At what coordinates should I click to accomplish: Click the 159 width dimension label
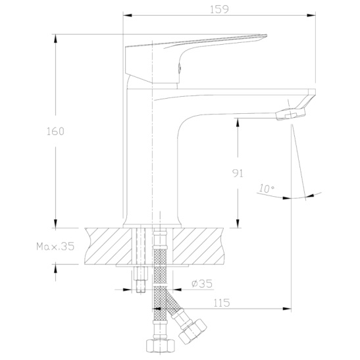click(x=219, y=9)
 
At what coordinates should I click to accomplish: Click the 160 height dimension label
click(x=55, y=132)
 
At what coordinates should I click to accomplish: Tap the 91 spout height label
click(x=238, y=173)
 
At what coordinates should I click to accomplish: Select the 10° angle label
click(x=267, y=188)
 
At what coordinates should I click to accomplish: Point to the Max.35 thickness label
click(x=55, y=246)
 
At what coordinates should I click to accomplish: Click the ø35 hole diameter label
click(x=202, y=284)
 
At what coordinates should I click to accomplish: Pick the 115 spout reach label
click(x=222, y=303)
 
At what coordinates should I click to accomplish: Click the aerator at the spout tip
click(x=291, y=114)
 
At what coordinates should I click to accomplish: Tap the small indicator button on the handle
click(x=180, y=68)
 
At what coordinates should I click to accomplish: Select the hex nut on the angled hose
click(x=193, y=331)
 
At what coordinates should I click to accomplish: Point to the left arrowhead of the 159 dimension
click(x=128, y=15)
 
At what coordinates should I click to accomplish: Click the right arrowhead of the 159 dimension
click(x=311, y=15)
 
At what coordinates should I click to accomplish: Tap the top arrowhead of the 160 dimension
click(x=55, y=39)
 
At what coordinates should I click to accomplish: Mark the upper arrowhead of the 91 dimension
click(x=238, y=122)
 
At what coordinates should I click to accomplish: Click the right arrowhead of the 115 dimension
click(x=286, y=309)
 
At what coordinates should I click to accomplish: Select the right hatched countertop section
click(x=198, y=246)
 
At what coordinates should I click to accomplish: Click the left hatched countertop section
click(x=108, y=246)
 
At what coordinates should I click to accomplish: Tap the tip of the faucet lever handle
click(x=266, y=36)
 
